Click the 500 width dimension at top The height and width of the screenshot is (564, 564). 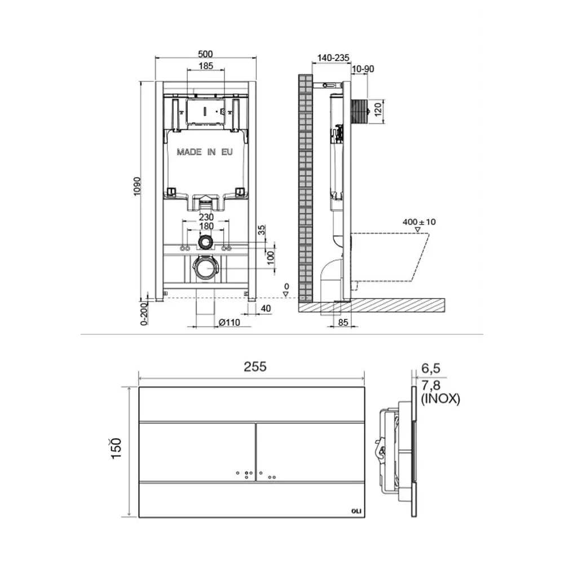pos(205,54)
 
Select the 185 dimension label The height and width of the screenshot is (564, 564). pos(205,67)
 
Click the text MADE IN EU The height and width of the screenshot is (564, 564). pos(205,152)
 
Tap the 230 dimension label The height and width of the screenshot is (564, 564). pos(205,216)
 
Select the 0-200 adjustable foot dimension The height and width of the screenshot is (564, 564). pos(144,314)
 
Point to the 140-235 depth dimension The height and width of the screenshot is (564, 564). pos(334,58)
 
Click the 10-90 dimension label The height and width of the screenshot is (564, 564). pos(363,69)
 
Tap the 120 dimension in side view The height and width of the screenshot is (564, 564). pos(378,108)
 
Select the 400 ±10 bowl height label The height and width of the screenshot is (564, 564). pos(420,222)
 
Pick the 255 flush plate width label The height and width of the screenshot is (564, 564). pos(255,367)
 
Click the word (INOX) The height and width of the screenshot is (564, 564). pos(440,399)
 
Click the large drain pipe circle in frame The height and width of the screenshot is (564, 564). pos(205,268)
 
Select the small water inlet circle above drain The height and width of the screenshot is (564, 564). pos(205,243)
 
